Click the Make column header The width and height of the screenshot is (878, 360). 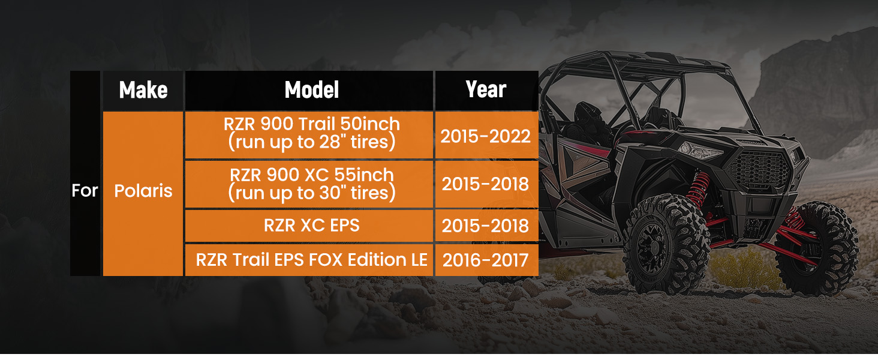click(143, 91)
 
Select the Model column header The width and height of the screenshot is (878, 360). click(309, 91)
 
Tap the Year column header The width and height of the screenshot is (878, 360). click(486, 91)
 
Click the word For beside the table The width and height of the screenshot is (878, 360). click(85, 191)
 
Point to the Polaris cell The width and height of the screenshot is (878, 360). click(143, 194)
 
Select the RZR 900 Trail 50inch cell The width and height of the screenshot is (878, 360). click(309, 135)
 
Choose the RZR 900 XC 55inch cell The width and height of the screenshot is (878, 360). click(309, 184)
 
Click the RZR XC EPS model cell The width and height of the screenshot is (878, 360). click(309, 226)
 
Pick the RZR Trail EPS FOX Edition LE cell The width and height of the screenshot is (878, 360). click(309, 260)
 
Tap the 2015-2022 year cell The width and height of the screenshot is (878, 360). click(486, 135)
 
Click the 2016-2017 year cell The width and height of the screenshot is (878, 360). click(486, 260)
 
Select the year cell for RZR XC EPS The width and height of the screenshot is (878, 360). click(486, 226)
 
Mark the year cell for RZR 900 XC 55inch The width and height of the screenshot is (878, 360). click(486, 184)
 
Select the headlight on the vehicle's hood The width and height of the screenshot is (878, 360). click(700, 151)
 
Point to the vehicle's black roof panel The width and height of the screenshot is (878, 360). click(643, 63)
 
